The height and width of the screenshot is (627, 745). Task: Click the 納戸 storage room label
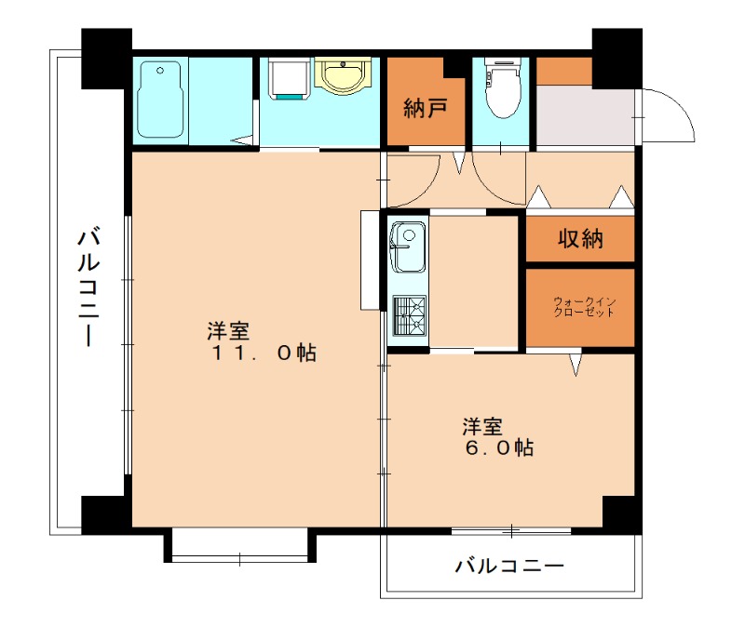pyautogui.click(x=426, y=107)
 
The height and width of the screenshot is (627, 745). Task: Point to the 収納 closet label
pyautogui.click(x=580, y=239)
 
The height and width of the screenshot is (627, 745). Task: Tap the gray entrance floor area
pyautogui.click(x=585, y=116)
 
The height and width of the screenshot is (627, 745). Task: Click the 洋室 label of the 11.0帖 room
pyautogui.click(x=228, y=331)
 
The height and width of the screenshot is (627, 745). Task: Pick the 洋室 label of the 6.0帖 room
pyautogui.click(x=483, y=427)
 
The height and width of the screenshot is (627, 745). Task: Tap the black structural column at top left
pyautogui.click(x=105, y=58)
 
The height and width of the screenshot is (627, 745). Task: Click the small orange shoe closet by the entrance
pyautogui.click(x=564, y=70)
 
